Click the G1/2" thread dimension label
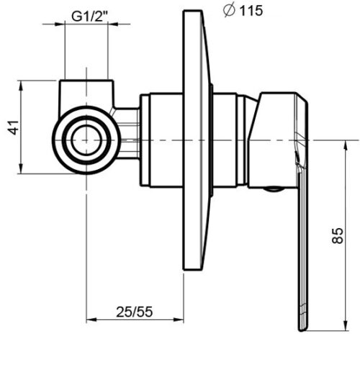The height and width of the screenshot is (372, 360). [x=90, y=17]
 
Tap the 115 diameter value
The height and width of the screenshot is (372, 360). [x=251, y=11]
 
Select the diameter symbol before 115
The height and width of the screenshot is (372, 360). [x=229, y=11]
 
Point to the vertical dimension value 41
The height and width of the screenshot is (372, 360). [x=14, y=127]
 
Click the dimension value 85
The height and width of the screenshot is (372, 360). [x=338, y=236]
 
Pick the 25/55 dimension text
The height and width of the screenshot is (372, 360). [x=135, y=312]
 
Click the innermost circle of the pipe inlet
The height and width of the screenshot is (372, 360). [x=86, y=140]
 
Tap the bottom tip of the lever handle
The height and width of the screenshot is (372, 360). [x=302, y=330]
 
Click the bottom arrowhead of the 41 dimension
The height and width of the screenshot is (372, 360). [x=21, y=168]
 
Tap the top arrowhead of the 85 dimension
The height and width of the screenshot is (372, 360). [x=346, y=145]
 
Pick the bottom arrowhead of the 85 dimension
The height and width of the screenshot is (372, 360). [x=346, y=326]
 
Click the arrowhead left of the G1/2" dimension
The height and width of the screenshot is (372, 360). [x=60, y=24]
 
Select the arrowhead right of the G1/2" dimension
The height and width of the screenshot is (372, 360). [x=113, y=24]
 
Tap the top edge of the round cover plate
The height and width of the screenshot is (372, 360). [x=192, y=11]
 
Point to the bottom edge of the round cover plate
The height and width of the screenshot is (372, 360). [x=192, y=270]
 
